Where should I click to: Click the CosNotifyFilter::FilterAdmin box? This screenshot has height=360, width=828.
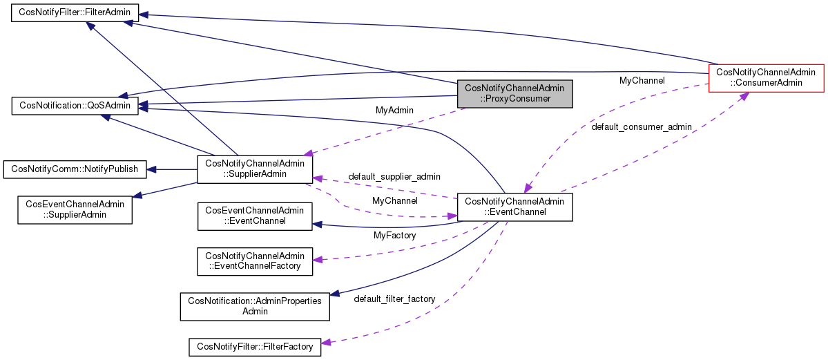pyautogui.click(x=75, y=13)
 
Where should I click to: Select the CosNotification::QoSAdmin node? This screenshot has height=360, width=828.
pyautogui.click(x=75, y=106)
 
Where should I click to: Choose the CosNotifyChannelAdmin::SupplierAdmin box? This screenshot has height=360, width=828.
pyautogui.click(x=255, y=169)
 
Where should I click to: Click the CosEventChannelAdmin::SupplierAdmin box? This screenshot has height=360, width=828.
pyautogui.click(x=75, y=209)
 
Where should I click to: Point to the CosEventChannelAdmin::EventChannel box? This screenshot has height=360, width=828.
pyautogui.click(x=255, y=216)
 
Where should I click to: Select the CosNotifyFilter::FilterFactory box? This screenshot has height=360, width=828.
pyautogui.click(x=255, y=346)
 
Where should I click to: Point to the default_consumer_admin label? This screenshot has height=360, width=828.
pyautogui.click(x=642, y=127)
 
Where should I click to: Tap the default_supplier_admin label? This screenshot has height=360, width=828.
pyautogui.click(x=394, y=177)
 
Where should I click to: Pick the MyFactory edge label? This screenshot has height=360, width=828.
pyautogui.click(x=394, y=236)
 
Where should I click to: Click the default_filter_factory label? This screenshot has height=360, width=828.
pyautogui.click(x=394, y=299)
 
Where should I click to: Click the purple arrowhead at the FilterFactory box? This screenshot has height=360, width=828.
pyautogui.click(x=326, y=343)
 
